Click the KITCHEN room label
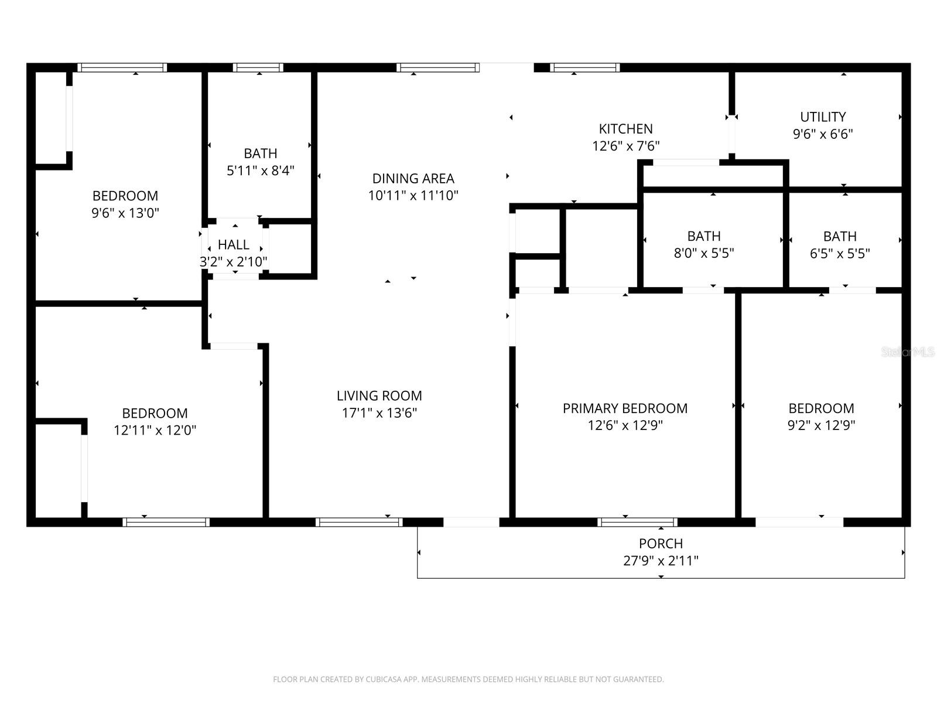click(625, 129)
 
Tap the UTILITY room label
click(823, 117)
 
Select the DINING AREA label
click(413, 179)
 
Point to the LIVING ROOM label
click(379, 396)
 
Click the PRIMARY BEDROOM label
click(625, 408)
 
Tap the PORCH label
click(661, 544)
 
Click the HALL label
click(233, 245)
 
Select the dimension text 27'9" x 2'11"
click(661, 561)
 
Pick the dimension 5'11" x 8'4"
click(260, 170)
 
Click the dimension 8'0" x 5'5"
click(703, 253)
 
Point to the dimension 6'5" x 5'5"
click(840, 254)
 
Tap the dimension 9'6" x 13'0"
click(125, 213)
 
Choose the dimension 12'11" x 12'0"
click(155, 431)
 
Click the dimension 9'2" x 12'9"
click(821, 425)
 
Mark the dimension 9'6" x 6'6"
click(823, 134)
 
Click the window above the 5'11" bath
click(258, 68)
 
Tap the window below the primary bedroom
click(637, 522)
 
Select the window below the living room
click(358, 522)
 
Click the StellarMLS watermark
click(908, 352)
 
